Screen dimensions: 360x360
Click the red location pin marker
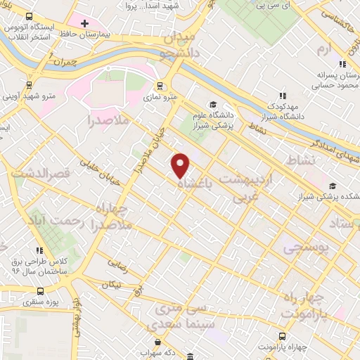[x=181, y=165]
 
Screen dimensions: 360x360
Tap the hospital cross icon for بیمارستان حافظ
[x=84, y=24]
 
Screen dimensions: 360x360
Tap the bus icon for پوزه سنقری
[x=41, y=290]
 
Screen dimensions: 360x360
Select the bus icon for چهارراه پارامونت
[x=282, y=336]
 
